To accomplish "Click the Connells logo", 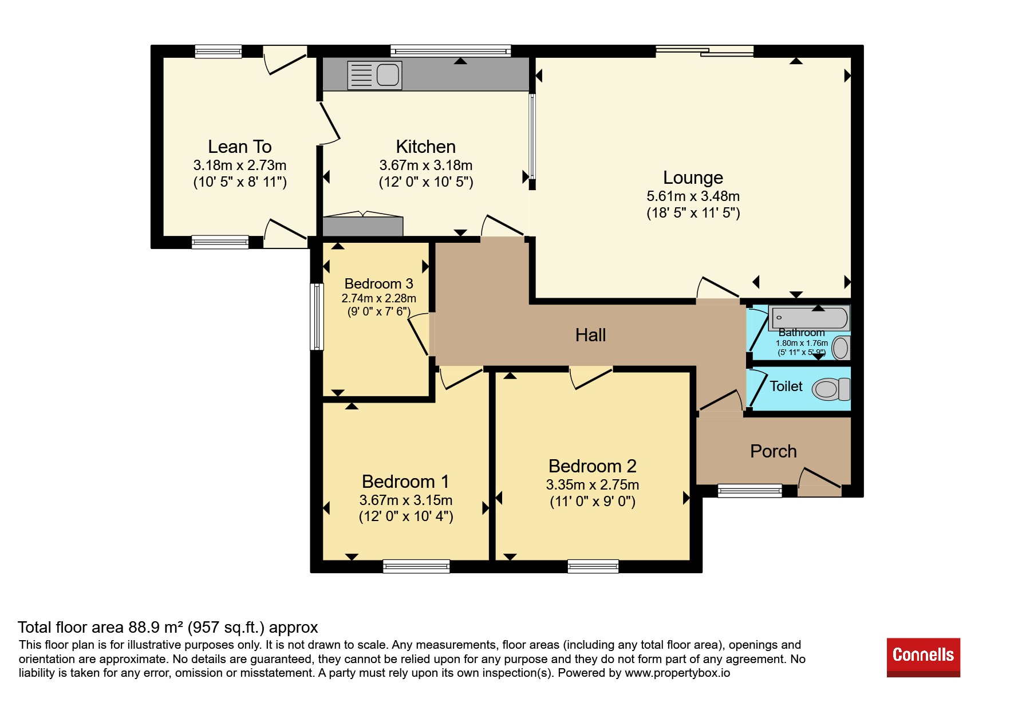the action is (x=923, y=657).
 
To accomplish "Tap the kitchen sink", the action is (x=374, y=75).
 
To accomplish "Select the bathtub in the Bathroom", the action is (x=809, y=318).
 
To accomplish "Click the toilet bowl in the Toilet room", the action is (x=831, y=389).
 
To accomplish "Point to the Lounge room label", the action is (x=693, y=178).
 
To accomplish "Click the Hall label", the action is (x=590, y=335).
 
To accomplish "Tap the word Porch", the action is (x=773, y=451).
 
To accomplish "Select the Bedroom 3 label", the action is (x=378, y=283).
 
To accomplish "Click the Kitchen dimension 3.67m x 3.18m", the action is (x=425, y=165).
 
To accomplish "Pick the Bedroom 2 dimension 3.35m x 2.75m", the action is (x=592, y=485).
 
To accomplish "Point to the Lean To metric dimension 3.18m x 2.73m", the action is (x=239, y=165).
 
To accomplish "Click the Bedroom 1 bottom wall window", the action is (x=416, y=566).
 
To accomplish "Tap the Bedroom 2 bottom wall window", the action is (x=593, y=566).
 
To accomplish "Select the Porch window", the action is (x=749, y=491).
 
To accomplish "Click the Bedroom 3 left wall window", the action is (x=317, y=317).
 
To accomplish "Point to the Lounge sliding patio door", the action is (x=705, y=51).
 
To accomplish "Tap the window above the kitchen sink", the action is (x=451, y=51).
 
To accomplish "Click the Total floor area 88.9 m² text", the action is (x=168, y=628).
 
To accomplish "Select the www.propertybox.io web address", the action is (x=677, y=673).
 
